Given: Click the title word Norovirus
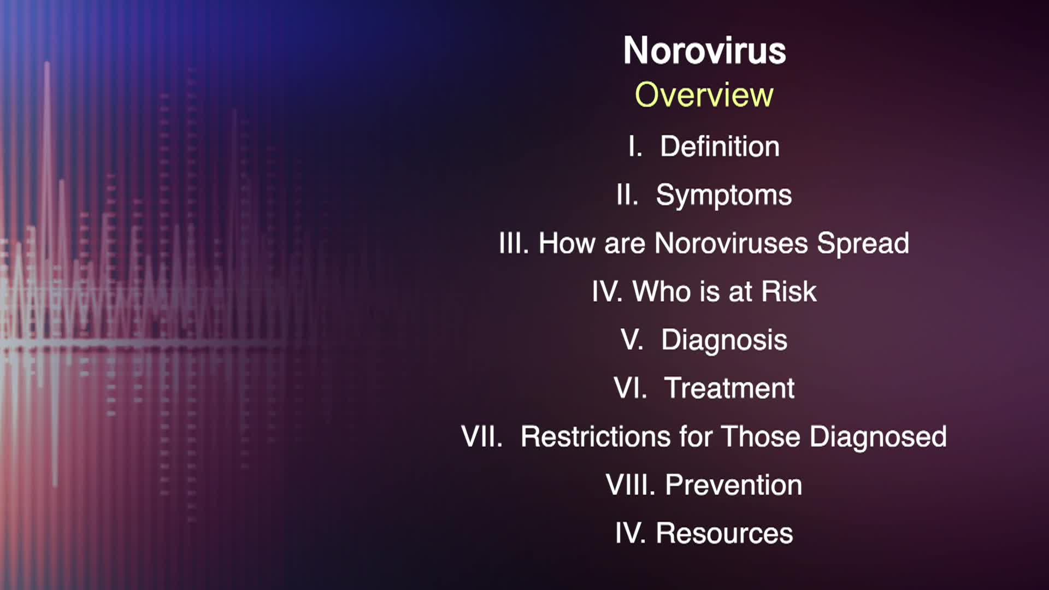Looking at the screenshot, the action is [x=704, y=50].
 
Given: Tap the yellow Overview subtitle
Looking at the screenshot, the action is [x=704, y=95].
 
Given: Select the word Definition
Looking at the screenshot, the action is [x=720, y=146].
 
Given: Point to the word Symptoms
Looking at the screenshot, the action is [x=724, y=196].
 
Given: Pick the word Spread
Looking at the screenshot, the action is [x=863, y=244].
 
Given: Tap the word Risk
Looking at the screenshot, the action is [x=789, y=291].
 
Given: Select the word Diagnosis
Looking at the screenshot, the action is [x=724, y=340].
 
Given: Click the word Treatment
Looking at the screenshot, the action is [x=729, y=388].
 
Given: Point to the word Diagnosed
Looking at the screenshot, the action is [x=878, y=437].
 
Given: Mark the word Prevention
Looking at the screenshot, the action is [x=734, y=485].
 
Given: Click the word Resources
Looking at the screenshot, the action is [x=724, y=533].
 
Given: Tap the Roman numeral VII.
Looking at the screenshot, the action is [x=482, y=436].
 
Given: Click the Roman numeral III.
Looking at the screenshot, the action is [x=514, y=243].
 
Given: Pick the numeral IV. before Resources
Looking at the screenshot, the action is [x=630, y=533].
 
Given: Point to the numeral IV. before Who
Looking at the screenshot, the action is [x=607, y=291].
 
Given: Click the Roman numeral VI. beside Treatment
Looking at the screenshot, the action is [x=630, y=388].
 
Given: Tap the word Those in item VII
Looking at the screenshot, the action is [x=761, y=436].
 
